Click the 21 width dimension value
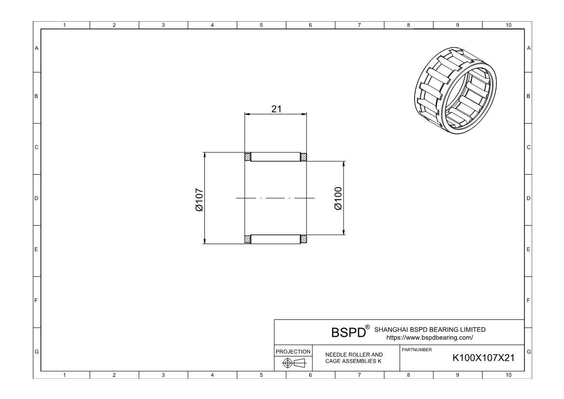tap(276, 109)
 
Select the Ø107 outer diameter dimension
tap(199, 199)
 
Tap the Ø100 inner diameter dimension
tap(337, 198)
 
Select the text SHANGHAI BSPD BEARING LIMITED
tap(430, 330)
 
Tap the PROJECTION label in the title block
tap(293, 352)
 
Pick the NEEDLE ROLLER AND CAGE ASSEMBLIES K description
tap(354, 358)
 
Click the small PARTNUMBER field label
tap(413, 349)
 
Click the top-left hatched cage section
tap(248, 157)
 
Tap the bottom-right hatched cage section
tap(304, 239)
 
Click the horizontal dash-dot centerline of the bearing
tap(275, 198)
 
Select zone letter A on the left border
tap(36, 48)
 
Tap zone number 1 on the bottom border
tap(65, 375)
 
